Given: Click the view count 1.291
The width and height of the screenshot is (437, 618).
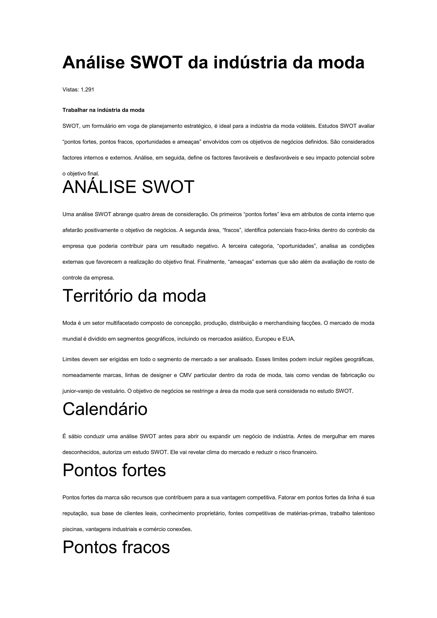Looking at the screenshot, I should click(87, 90).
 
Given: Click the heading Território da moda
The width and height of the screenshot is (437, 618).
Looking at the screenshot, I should click(134, 296).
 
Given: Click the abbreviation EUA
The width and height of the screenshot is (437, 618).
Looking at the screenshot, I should click(288, 339).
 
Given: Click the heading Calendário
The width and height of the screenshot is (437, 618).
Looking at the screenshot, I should click(105, 409).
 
